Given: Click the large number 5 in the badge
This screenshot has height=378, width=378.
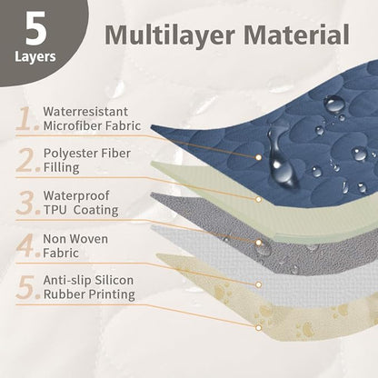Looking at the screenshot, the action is pyautogui.click(x=35, y=29).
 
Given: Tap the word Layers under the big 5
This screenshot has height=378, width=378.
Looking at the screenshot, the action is pyautogui.click(x=35, y=56).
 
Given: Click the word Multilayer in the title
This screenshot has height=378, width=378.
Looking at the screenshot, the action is pyautogui.click(x=170, y=35).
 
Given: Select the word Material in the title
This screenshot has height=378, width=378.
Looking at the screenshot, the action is pyautogui.click(x=296, y=35).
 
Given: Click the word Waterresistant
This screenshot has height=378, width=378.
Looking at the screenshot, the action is pyautogui.click(x=85, y=112).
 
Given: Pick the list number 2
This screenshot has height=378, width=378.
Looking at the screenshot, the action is pyautogui.click(x=27, y=160).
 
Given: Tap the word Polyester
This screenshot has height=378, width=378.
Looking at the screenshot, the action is pyautogui.click(x=69, y=154).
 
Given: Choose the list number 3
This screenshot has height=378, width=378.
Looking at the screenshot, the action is pyautogui.click(x=27, y=203).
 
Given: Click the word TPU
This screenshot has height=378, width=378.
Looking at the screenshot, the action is pyautogui.click(x=55, y=210).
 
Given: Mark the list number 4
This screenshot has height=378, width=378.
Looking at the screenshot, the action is pyautogui.click(x=27, y=245).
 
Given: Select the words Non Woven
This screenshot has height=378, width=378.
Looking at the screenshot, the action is pyautogui.click(x=75, y=239).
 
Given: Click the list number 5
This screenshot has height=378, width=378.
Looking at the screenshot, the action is pyautogui.click(x=27, y=287).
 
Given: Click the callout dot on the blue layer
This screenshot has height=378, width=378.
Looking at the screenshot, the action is pyautogui.click(x=258, y=157).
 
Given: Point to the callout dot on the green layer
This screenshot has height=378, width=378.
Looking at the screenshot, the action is pyautogui.click(x=258, y=199).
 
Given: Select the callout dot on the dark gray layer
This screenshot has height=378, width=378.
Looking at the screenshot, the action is pyautogui.click(x=258, y=243).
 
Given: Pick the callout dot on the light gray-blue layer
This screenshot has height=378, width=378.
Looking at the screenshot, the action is pyautogui.click(x=258, y=284).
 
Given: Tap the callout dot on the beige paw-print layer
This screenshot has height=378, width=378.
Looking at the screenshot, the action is pyautogui.click(x=258, y=328).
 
